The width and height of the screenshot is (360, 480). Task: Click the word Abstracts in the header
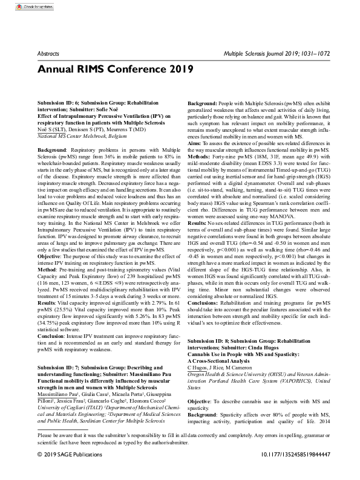point(51,54)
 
